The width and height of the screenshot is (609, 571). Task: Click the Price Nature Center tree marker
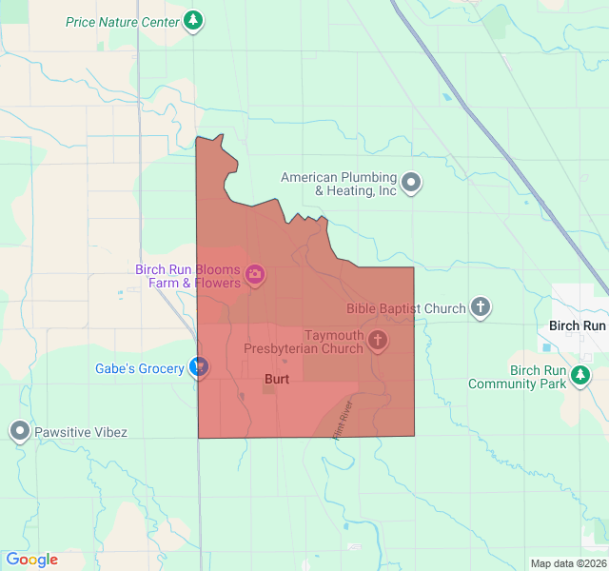tap(193, 20)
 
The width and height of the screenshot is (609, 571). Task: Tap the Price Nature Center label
tap(122, 21)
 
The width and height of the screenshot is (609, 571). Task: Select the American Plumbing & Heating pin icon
tap(411, 182)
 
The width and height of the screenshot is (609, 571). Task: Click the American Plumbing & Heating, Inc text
tap(338, 184)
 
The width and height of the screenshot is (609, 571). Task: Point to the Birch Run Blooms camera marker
tap(255, 276)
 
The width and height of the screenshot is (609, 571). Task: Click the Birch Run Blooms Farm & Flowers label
tap(187, 276)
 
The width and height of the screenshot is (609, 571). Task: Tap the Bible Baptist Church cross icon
tap(481, 307)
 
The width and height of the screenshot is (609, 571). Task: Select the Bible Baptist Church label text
tap(405, 308)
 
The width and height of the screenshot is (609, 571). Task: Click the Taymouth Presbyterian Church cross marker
tap(378, 341)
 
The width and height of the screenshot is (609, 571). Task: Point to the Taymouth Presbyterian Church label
tap(304, 342)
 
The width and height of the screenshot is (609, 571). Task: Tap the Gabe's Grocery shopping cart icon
tap(199, 367)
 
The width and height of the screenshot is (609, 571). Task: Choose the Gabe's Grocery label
tap(140, 368)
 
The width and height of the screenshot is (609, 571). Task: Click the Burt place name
tap(276, 379)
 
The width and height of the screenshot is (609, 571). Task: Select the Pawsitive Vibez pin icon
tap(19, 431)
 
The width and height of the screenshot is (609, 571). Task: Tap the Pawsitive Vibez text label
tap(80, 432)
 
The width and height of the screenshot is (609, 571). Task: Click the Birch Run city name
tap(578, 325)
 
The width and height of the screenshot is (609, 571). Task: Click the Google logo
tap(31, 560)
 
